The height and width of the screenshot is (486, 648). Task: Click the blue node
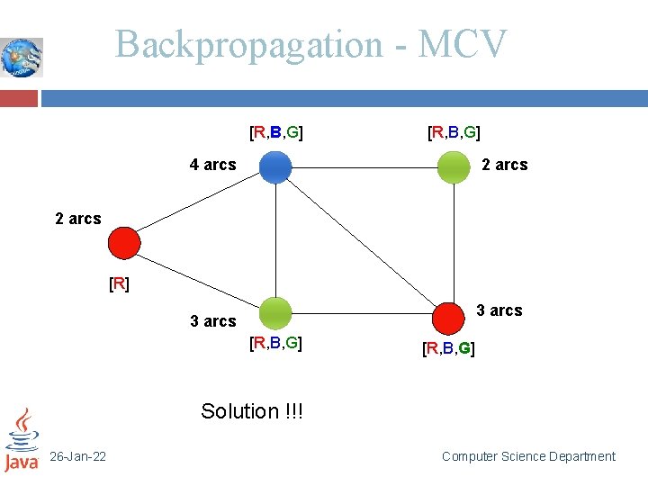click(275, 167)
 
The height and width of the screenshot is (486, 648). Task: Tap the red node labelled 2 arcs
click(123, 242)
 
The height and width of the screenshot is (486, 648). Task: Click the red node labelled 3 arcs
click(446, 317)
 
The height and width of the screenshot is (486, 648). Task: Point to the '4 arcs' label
click(212, 165)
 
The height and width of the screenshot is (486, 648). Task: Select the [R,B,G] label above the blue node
click(275, 134)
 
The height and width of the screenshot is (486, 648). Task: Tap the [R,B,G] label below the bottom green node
click(275, 343)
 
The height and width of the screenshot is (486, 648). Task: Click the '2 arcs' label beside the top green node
click(505, 165)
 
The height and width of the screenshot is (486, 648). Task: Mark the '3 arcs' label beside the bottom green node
click(213, 321)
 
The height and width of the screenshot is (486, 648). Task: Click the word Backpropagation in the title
click(249, 44)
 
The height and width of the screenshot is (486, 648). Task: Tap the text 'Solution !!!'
click(252, 411)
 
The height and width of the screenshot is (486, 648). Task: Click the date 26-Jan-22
click(77, 457)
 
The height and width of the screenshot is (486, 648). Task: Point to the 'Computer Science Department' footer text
click(528, 457)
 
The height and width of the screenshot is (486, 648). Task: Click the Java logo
click(22, 441)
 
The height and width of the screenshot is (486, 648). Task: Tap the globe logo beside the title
click(22, 58)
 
